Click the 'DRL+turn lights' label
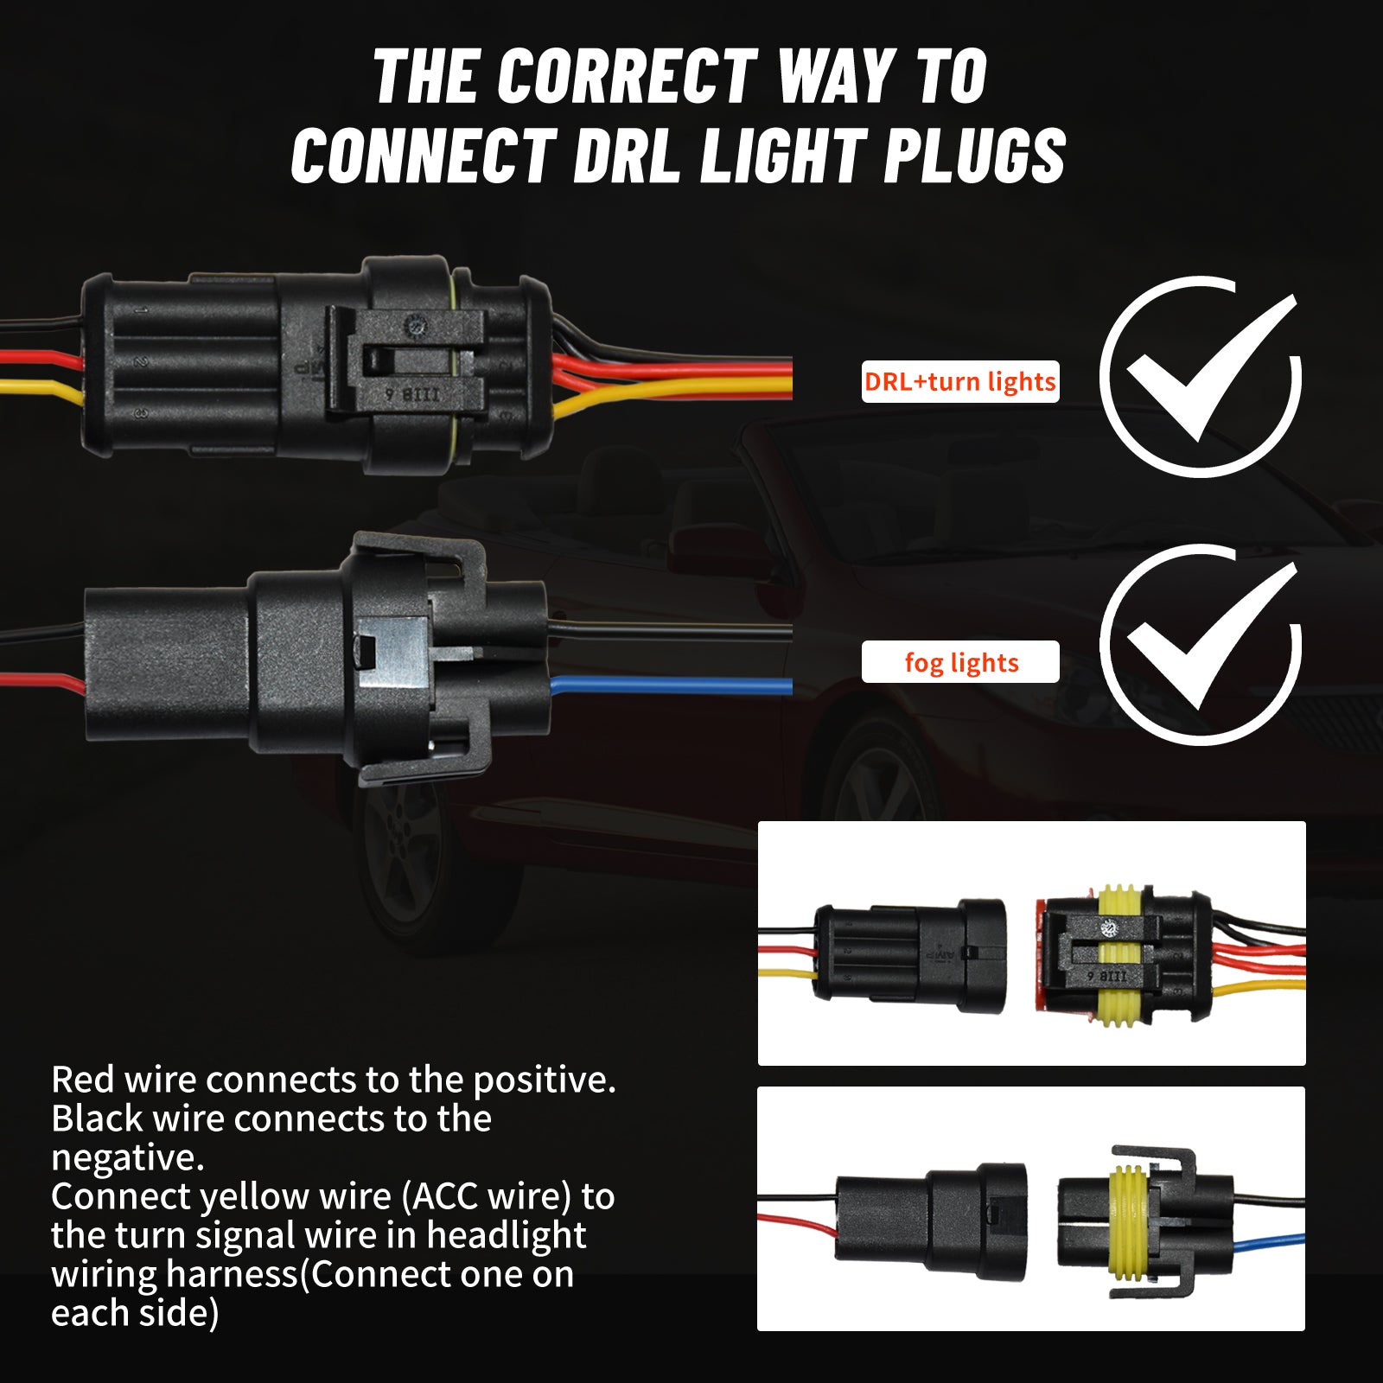point(959,381)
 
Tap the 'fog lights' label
point(960,662)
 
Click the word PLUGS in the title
point(974,156)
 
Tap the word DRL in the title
point(627,156)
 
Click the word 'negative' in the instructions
point(127,1158)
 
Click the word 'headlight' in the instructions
point(506,1236)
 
